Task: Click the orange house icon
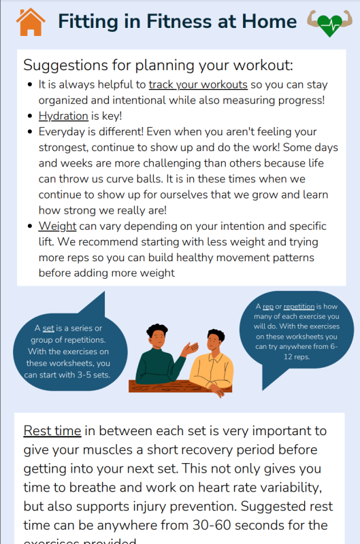tap(31, 22)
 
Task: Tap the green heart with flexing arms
tap(329, 23)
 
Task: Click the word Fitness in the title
tap(180, 22)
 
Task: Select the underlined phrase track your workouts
tap(198, 84)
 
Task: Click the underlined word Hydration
tap(63, 116)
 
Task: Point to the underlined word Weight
tap(57, 226)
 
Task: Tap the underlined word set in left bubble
tap(48, 328)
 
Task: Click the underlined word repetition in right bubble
tap(299, 307)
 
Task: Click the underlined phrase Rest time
tap(52, 431)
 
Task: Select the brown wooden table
tap(180, 386)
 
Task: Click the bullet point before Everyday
tap(30, 132)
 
